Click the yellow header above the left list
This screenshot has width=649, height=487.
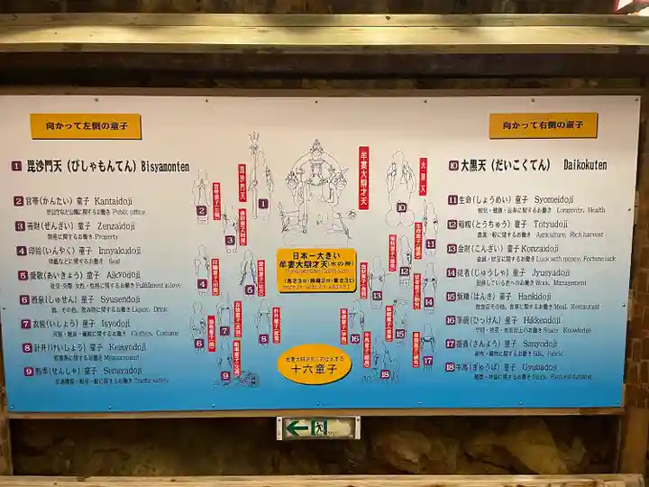coord(86,126)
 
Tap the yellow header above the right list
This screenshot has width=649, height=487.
coord(543,125)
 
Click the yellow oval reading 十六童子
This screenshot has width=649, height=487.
coord(314,364)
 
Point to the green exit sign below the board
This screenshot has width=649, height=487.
coord(317,427)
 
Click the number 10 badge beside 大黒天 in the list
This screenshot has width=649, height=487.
coord(453,166)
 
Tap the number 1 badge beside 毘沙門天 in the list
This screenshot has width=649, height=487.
coord(16,166)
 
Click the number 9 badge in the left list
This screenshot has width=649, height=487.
coord(29,371)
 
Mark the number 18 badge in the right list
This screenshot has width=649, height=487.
coord(451,368)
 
